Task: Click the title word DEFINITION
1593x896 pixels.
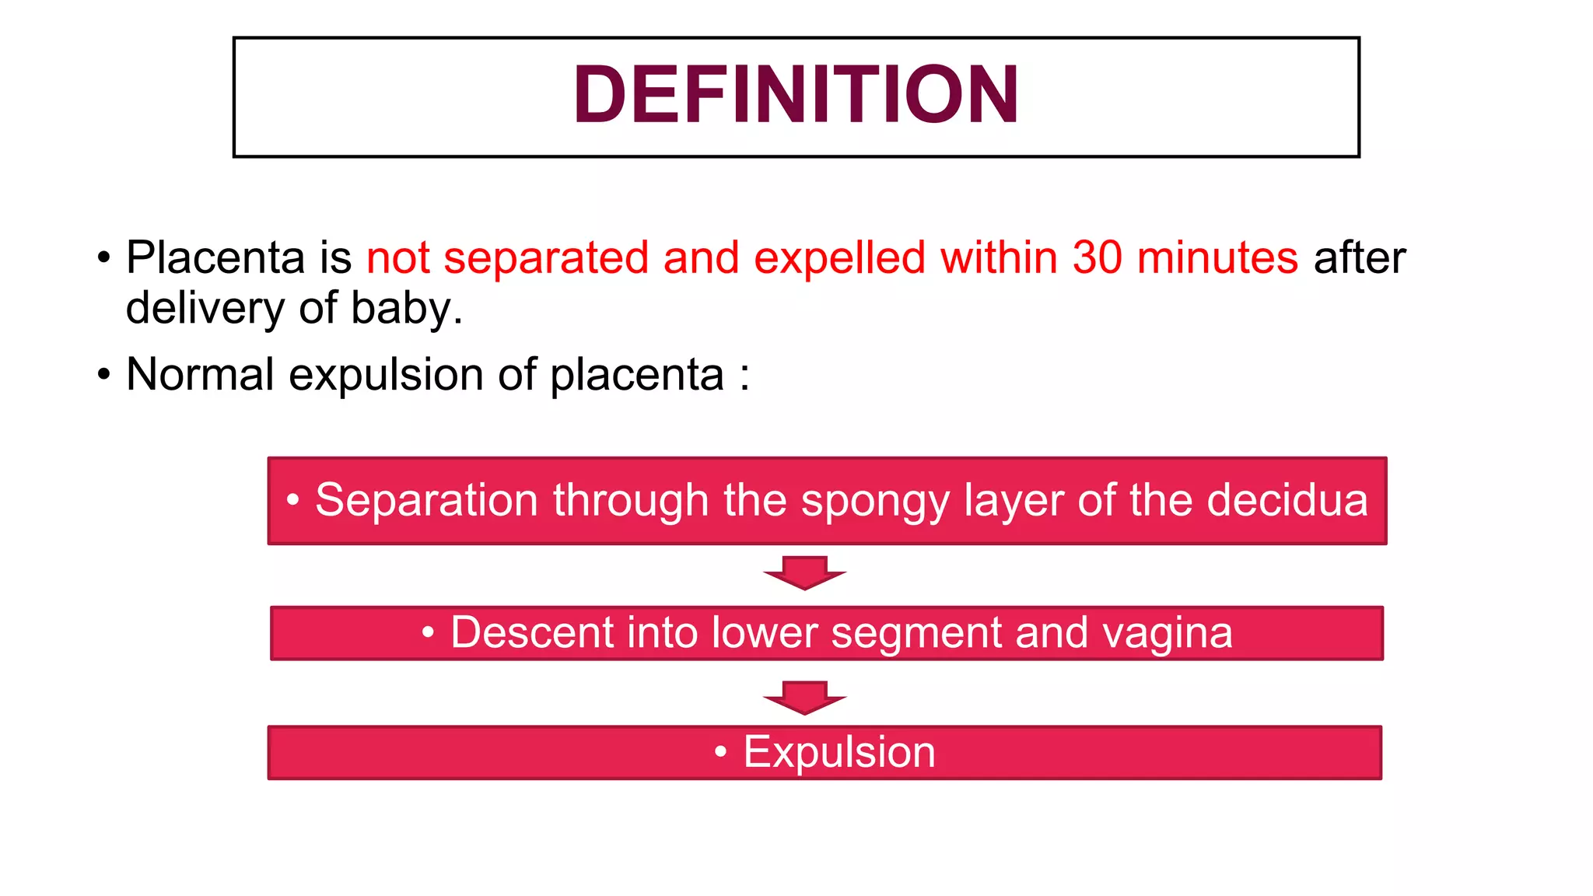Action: [x=796, y=95]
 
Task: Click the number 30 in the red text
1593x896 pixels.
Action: [x=1097, y=257]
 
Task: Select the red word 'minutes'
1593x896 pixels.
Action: [x=1217, y=257]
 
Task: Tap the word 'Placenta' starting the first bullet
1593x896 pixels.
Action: [x=215, y=257]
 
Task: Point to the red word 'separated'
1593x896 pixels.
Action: [x=546, y=257]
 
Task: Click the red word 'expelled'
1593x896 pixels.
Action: [x=839, y=257]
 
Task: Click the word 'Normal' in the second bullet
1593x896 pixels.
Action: [x=200, y=375]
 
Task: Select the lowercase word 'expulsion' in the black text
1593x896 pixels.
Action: [x=386, y=375]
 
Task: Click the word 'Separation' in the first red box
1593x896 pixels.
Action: [x=426, y=500]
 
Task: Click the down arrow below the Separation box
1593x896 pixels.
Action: [x=804, y=573]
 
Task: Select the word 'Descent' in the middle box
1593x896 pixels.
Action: [x=531, y=632]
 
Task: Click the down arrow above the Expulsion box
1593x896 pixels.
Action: [x=804, y=698]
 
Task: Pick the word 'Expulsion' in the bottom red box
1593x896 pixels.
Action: [x=839, y=753]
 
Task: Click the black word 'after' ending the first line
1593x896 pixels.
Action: [x=1359, y=257]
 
